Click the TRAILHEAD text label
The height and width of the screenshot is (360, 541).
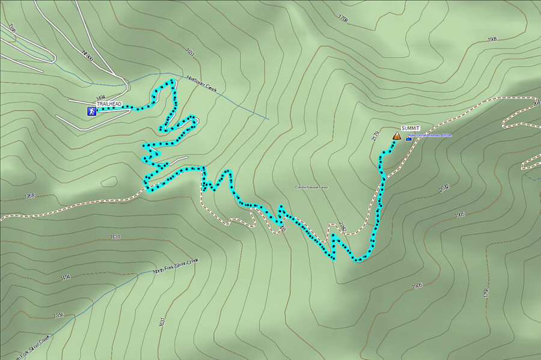coord(109,104)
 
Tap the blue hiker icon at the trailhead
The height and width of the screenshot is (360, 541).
coord(90,111)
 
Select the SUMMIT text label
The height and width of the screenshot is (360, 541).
coord(410,129)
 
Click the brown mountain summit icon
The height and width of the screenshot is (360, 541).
coord(397,137)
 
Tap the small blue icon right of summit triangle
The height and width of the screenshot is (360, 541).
coord(409,139)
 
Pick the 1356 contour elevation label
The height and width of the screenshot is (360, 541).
coord(58,315)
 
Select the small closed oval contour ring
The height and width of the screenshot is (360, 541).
coord(109,181)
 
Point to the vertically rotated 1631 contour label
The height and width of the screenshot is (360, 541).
coord(162,321)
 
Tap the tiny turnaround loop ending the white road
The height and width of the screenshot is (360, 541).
coord(196,121)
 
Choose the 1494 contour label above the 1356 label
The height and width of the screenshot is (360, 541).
coord(65,277)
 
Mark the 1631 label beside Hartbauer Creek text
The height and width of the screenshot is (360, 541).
coord(191,53)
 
